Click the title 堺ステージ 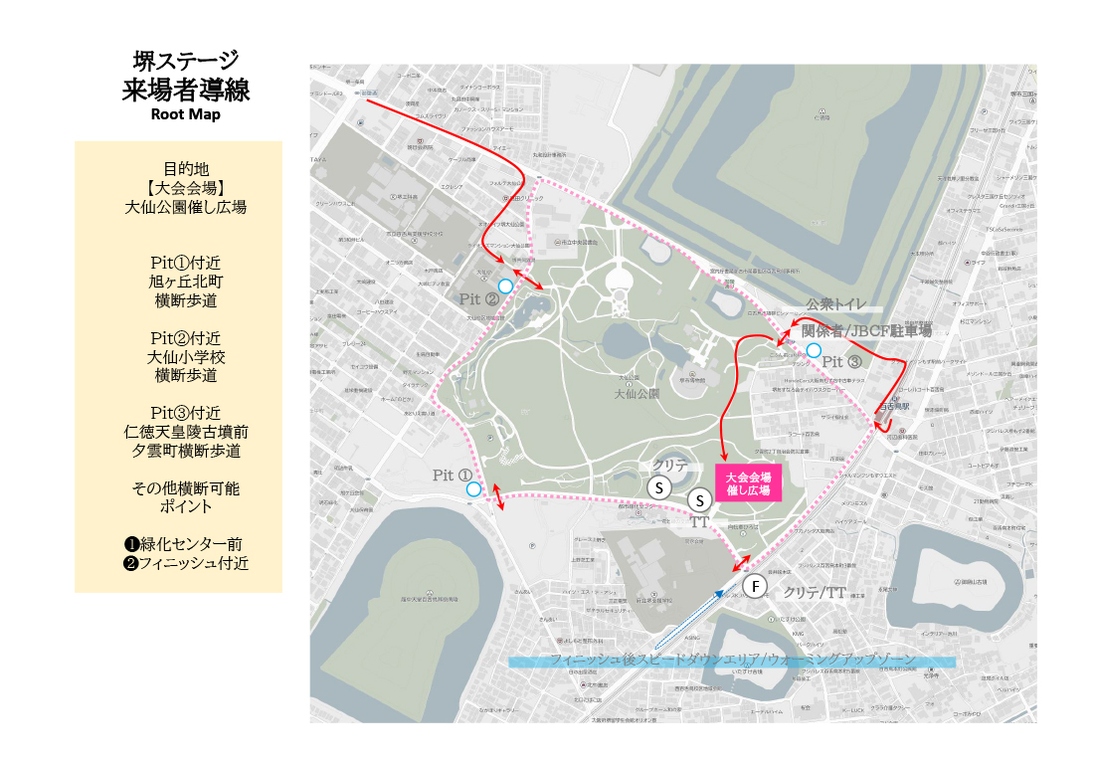click(x=186, y=61)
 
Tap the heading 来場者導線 click(x=186, y=90)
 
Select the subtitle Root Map click(x=185, y=113)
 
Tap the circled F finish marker click(x=756, y=587)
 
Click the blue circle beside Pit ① click(x=473, y=488)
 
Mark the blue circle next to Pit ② click(x=505, y=287)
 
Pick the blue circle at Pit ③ click(x=814, y=350)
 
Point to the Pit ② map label click(x=478, y=299)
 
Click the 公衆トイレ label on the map click(x=836, y=303)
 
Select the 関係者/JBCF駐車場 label click(x=866, y=329)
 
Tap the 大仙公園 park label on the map click(x=637, y=393)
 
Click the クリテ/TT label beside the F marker click(x=815, y=593)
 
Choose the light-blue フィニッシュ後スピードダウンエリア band click(x=731, y=661)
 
